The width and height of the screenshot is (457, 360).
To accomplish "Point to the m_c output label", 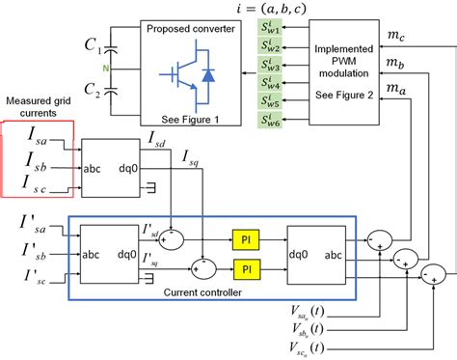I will [395, 35].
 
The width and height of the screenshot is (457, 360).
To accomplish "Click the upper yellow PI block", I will [246, 236].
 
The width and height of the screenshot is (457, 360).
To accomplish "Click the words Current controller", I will [220, 291].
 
